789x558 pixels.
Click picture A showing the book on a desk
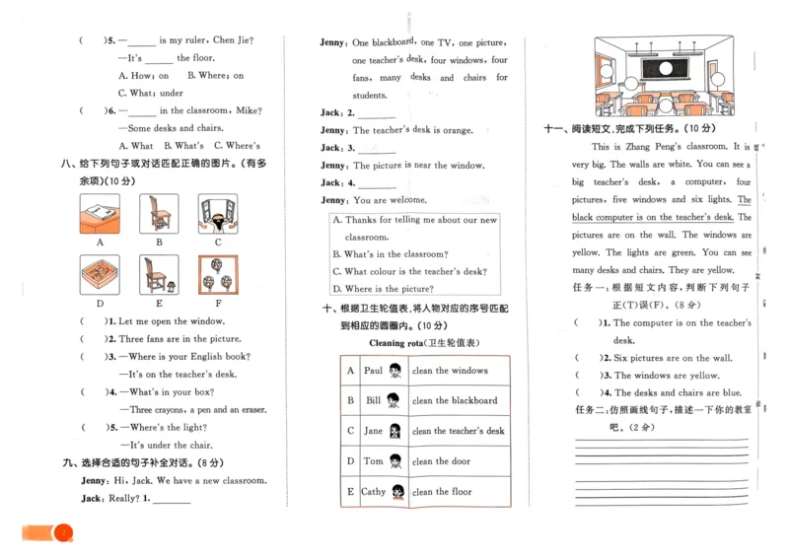(x=100, y=213)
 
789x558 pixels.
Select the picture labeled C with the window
(x=217, y=213)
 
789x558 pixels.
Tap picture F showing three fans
(x=217, y=275)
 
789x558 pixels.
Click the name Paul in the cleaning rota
(x=373, y=371)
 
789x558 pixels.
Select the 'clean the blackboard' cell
(x=455, y=401)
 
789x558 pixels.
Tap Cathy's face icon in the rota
(x=398, y=492)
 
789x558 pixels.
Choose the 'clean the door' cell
(x=441, y=461)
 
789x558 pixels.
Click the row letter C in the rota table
(x=350, y=431)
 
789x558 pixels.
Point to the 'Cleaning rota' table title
(x=423, y=342)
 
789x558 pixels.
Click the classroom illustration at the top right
(x=665, y=76)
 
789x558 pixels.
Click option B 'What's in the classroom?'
(x=390, y=254)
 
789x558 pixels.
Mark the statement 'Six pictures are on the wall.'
(x=673, y=358)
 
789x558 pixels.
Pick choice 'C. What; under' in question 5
(x=151, y=94)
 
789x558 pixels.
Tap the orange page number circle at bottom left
(x=65, y=533)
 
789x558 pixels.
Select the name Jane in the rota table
(x=373, y=431)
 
